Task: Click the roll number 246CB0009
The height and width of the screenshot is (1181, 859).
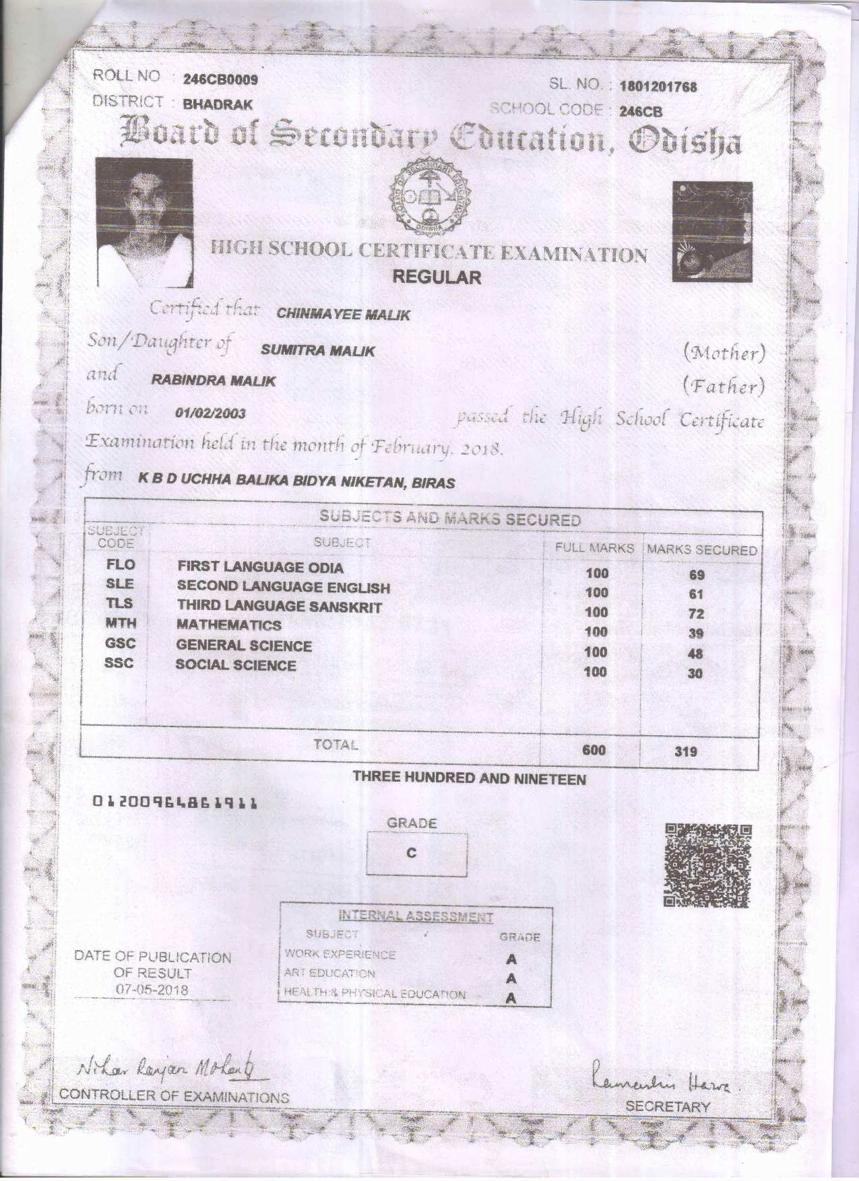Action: click(220, 79)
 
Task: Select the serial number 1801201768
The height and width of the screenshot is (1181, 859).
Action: click(658, 87)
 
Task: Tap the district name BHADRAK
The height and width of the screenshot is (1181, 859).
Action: click(218, 104)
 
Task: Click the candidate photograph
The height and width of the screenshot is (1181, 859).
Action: click(144, 223)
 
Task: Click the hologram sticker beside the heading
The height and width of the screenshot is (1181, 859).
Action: click(711, 232)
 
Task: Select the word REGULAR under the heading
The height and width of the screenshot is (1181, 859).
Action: click(437, 277)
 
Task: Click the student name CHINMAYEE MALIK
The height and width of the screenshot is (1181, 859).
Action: click(343, 314)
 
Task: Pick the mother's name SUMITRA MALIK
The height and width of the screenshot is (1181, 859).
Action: click(317, 350)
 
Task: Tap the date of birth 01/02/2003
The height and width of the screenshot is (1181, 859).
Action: click(210, 413)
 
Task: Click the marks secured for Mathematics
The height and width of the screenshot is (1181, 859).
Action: click(696, 634)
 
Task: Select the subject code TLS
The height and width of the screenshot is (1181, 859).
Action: click(120, 603)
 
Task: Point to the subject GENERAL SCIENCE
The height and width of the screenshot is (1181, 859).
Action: click(244, 646)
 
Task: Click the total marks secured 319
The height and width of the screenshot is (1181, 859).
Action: click(686, 751)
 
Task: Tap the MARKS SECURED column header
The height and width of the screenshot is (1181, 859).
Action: click(702, 550)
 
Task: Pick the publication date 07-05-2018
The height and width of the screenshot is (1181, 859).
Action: click(152, 990)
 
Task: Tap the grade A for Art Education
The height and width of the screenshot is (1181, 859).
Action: click(511, 978)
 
